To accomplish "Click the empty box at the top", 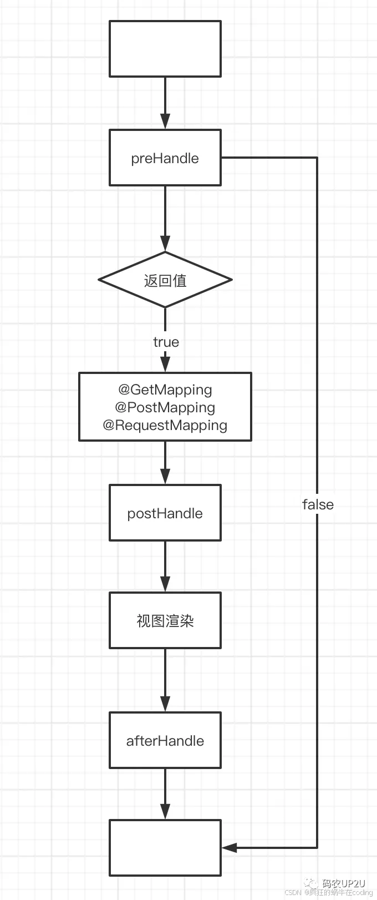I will click(x=165, y=49).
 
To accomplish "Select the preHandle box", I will click(x=165, y=158).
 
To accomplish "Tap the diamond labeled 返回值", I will click(x=165, y=280).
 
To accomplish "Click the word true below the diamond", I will click(x=166, y=342).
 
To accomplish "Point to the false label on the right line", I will click(x=318, y=504).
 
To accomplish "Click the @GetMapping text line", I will click(x=165, y=390).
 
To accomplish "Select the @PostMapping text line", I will click(x=165, y=407).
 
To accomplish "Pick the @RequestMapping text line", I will click(x=165, y=425).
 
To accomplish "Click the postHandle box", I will click(x=165, y=513).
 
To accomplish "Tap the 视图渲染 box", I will click(x=165, y=620).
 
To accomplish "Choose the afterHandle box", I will click(x=165, y=741).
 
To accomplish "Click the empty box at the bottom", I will click(x=165, y=848).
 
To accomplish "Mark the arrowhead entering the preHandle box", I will click(x=165, y=122).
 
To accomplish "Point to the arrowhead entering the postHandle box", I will click(x=165, y=476).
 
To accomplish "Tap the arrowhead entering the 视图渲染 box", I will click(x=165, y=584).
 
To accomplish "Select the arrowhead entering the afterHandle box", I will click(x=165, y=704).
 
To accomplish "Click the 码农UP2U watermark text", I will click(x=344, y=883).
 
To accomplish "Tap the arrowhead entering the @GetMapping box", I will click(x=165, y=364).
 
